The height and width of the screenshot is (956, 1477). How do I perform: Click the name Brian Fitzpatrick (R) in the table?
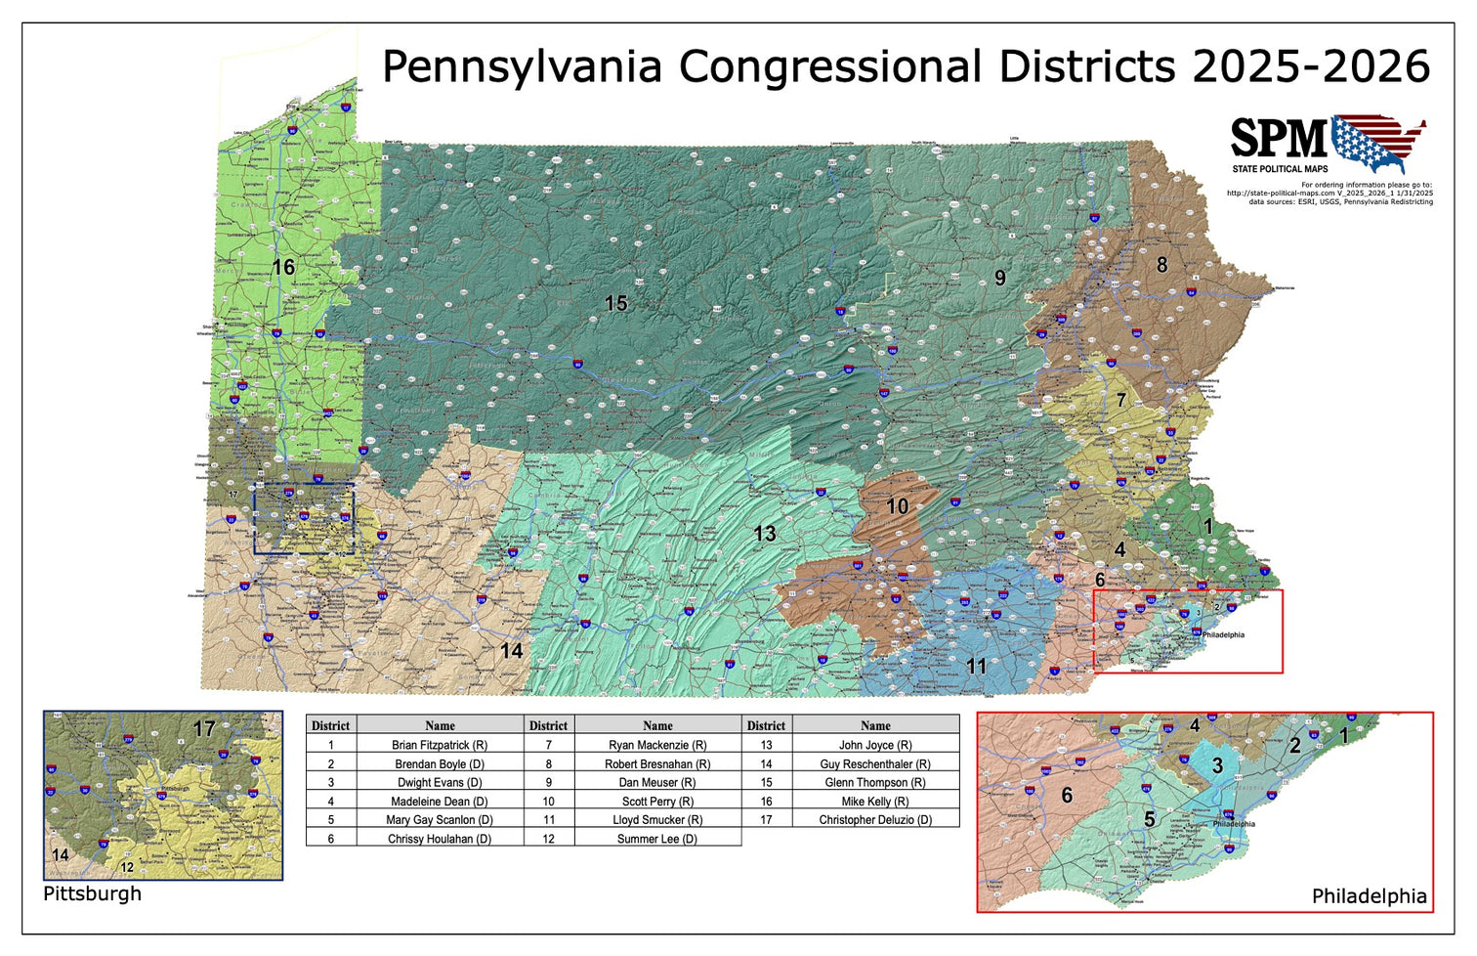click(440, 745)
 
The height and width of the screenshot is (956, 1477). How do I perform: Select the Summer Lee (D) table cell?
click(657, 839)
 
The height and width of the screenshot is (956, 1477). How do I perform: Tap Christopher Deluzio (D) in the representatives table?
click(875, 820)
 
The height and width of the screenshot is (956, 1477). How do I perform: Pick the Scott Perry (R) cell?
click(657, 802)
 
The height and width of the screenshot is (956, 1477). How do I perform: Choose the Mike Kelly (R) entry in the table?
click(875, 802)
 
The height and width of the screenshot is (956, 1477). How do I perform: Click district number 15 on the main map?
click(615, 304)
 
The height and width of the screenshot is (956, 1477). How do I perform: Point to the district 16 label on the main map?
click(283, 267)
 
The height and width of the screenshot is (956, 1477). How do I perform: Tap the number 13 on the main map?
click(765, 534)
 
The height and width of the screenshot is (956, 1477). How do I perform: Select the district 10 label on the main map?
click(897, 506)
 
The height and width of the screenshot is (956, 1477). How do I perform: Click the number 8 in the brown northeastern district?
click(1161, 265)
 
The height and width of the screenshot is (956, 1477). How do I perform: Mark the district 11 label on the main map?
click(976, 667)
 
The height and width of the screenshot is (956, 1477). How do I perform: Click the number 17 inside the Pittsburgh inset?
click(203, 729)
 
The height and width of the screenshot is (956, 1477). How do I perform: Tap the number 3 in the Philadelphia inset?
click(1217, 765)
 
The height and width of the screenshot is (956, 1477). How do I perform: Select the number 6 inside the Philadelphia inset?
click(1067, 796)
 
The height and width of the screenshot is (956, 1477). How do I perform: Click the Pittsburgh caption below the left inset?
click(92, 893)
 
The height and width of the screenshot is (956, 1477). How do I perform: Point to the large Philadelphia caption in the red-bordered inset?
click(1369, 896)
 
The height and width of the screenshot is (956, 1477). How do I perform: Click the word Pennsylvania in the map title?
click(522, 67)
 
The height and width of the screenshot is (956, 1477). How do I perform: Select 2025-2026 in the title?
click(1311, 67)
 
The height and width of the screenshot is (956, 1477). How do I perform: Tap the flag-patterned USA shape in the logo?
click(1378, 143)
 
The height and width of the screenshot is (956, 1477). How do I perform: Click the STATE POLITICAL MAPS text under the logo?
click(1280, 169)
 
